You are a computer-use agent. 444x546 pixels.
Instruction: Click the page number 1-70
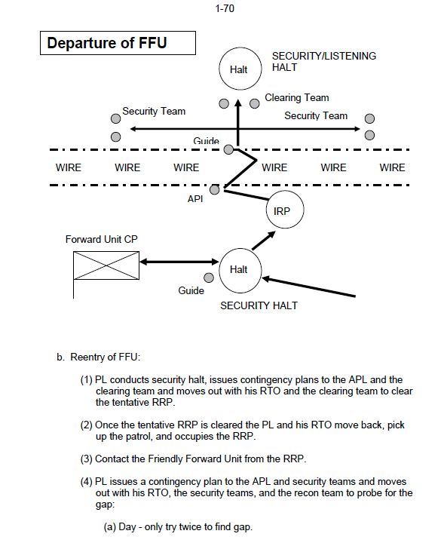225,8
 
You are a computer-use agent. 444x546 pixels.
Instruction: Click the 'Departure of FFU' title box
118,43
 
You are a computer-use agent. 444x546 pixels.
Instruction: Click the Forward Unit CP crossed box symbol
106,265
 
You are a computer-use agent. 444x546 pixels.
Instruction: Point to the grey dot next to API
215,190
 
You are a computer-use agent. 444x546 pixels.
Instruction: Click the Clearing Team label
297,97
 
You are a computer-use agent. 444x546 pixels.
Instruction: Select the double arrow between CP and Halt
179,262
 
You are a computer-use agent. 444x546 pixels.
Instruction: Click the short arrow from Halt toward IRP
263,241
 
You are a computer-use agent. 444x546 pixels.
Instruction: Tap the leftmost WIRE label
69,167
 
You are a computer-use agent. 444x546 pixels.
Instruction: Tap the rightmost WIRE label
392,167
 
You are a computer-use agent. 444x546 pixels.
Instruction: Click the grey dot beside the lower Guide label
209,278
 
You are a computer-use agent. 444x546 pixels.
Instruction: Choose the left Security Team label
154,111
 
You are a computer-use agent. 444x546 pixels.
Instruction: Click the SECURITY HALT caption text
259,305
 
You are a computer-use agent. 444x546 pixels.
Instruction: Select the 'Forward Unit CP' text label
102,239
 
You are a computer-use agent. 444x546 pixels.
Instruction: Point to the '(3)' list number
86,459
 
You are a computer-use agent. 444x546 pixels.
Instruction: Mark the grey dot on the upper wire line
228,150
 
